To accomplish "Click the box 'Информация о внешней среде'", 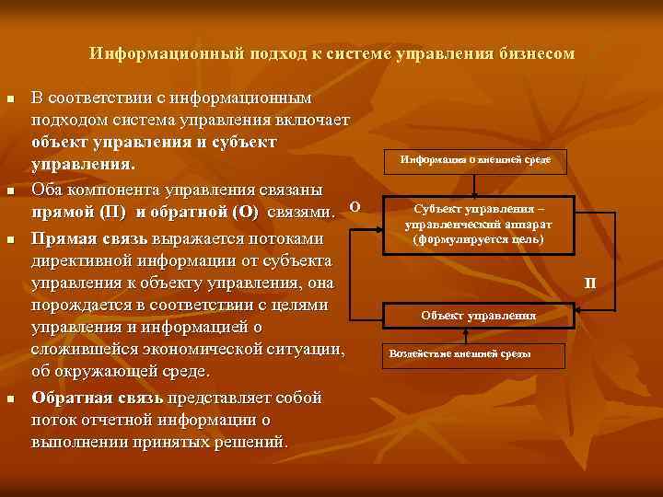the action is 475,160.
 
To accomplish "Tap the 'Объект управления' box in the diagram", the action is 478,316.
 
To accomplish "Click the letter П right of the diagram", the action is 590,282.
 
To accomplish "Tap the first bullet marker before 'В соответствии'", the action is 9,98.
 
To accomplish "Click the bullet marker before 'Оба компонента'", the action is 9,191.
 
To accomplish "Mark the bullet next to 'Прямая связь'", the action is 9,238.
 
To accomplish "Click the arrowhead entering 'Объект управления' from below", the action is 479,329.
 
